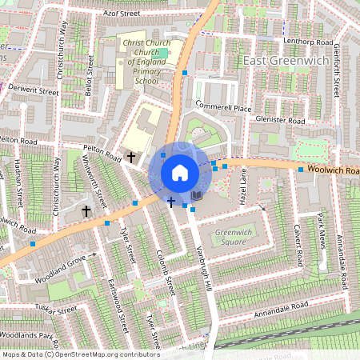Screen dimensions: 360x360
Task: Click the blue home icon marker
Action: pyautogui.click(x=179, y=173)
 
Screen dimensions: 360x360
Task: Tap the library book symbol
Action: pyautogui.click(x=197, y=196)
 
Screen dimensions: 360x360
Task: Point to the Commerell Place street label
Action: pyautogui.click(x=223, y=107)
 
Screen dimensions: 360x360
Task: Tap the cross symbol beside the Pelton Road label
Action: pyautogui.click(x=130, y=158)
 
